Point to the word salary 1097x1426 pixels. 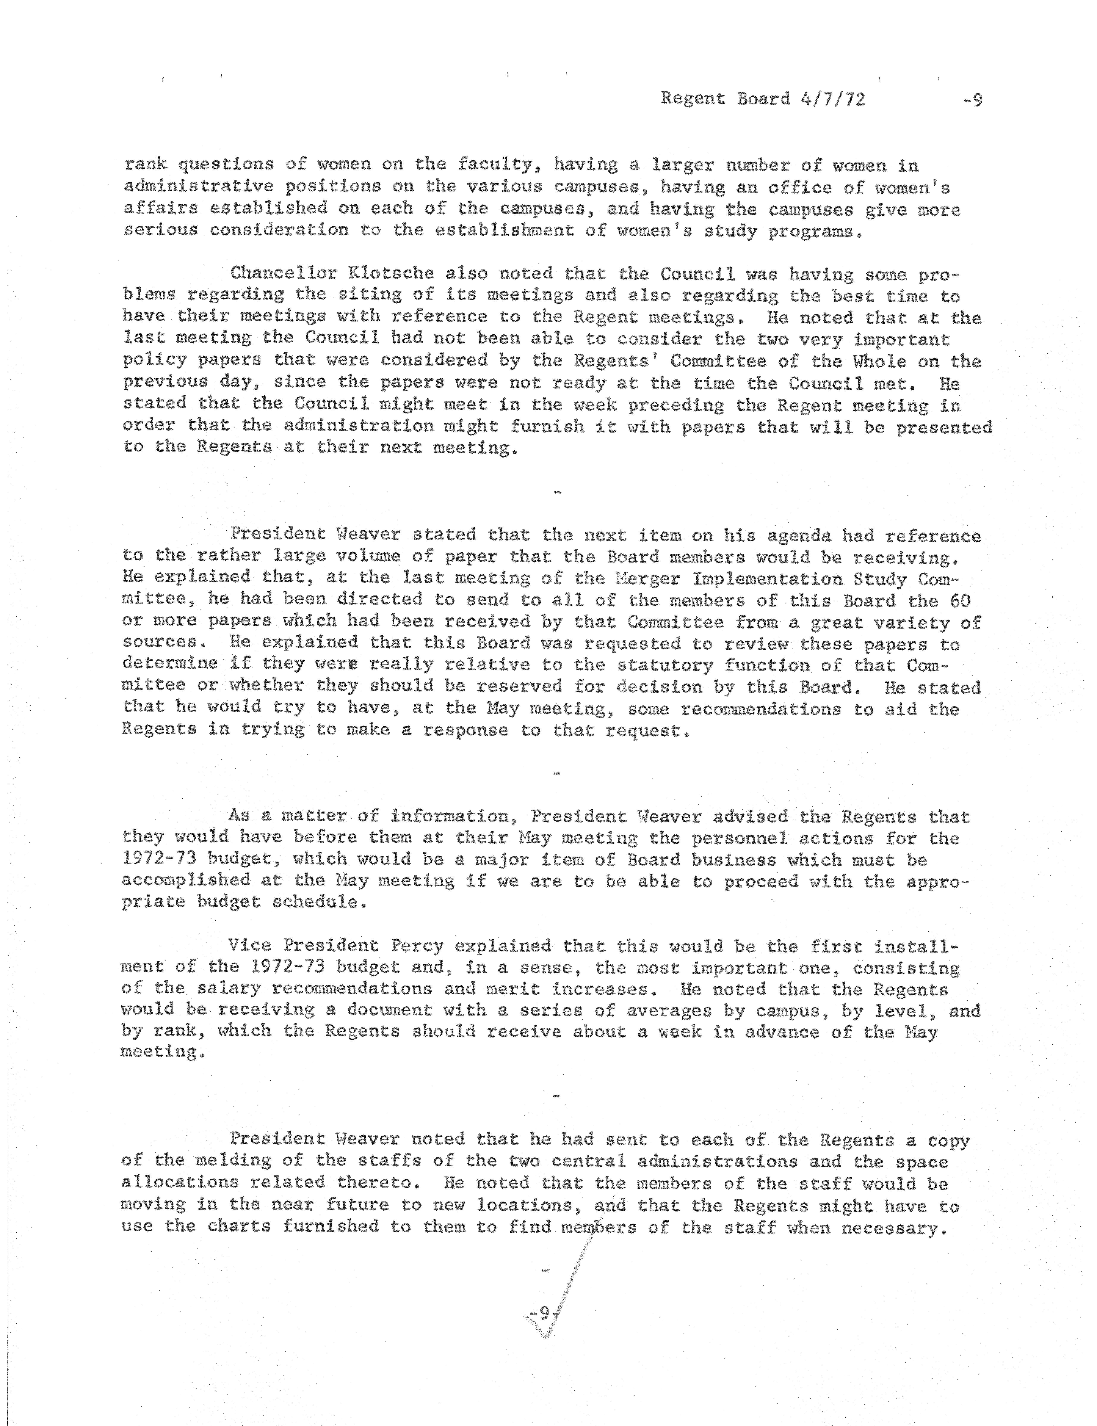coord(229,989)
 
